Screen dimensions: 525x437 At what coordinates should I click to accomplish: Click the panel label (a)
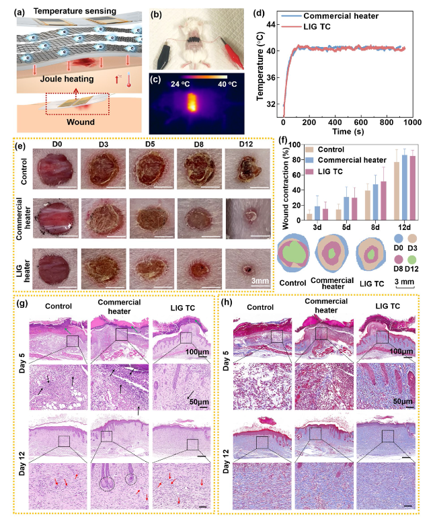click(x=11, y=9)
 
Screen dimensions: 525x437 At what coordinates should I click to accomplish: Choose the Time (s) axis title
click(x=346, y=133)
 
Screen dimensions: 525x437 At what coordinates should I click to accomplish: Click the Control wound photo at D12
click(x=244, y=171)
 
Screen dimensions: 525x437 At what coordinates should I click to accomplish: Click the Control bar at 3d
click(x=309, y=216)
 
